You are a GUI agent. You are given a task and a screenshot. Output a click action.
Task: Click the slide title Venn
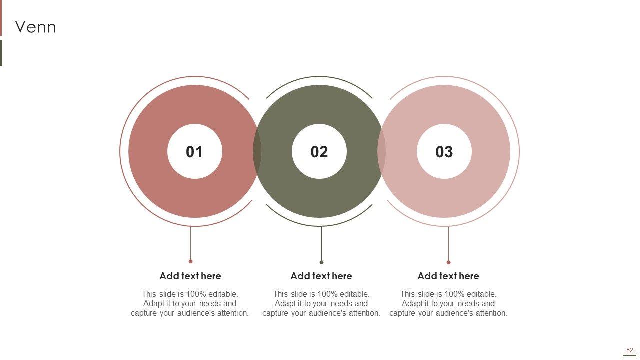pyautogui.click(x=35, y=27)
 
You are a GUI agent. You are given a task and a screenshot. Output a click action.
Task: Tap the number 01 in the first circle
pyautogui.click(x=194, y=151)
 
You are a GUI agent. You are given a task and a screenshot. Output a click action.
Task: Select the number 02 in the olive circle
pyautogui.click(x=319, y=151)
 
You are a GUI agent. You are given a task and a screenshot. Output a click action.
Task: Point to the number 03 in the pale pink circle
pyautogui.click(x=444, y=151)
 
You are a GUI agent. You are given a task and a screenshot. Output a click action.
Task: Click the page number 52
pyautogui.click(x=629, y=350)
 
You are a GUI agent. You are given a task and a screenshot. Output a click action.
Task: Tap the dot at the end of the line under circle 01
pyautogui.click(x=191, y=261)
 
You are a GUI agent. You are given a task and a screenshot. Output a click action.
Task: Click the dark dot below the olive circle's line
pyautogui.click(x=321, y=262)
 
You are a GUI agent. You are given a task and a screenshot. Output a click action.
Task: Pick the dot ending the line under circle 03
pyautogui.click(x=448, y=262)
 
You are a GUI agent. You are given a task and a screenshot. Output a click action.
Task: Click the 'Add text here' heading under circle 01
pyautogui.click(x=190, y=276)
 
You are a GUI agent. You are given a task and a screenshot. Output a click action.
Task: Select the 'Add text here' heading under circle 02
pyautogui.click(x=321, y=276)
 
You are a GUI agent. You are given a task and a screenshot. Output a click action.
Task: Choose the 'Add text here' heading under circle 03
pyautogui.click(x=448, y=276)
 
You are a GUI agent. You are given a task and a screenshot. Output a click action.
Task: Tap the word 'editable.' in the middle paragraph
pyautogui.click(x=354, y=294)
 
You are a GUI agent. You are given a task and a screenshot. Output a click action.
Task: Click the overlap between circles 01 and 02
pyautogui.click(x=257, y=151)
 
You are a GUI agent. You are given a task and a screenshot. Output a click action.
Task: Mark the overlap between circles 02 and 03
pyautogui.click(x=381, y=151)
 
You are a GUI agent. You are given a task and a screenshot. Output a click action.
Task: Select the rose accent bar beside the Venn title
pyautogui.click(x=1, y=18)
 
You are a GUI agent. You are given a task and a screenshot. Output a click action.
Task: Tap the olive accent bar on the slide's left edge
pyautogui.click(x=1, y=53)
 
